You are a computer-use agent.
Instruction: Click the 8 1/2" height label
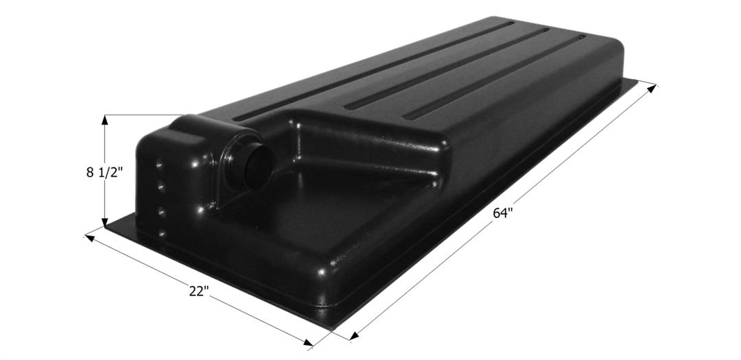(x=104, y=172)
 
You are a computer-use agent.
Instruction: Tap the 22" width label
(x=199, y=291)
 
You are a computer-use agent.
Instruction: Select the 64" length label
(x=503, y=213)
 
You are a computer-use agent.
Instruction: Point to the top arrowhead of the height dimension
(x=105, y=120)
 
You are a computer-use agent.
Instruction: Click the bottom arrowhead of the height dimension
(x=105, y=221)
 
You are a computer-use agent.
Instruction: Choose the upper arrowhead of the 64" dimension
(x=651, y=87)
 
